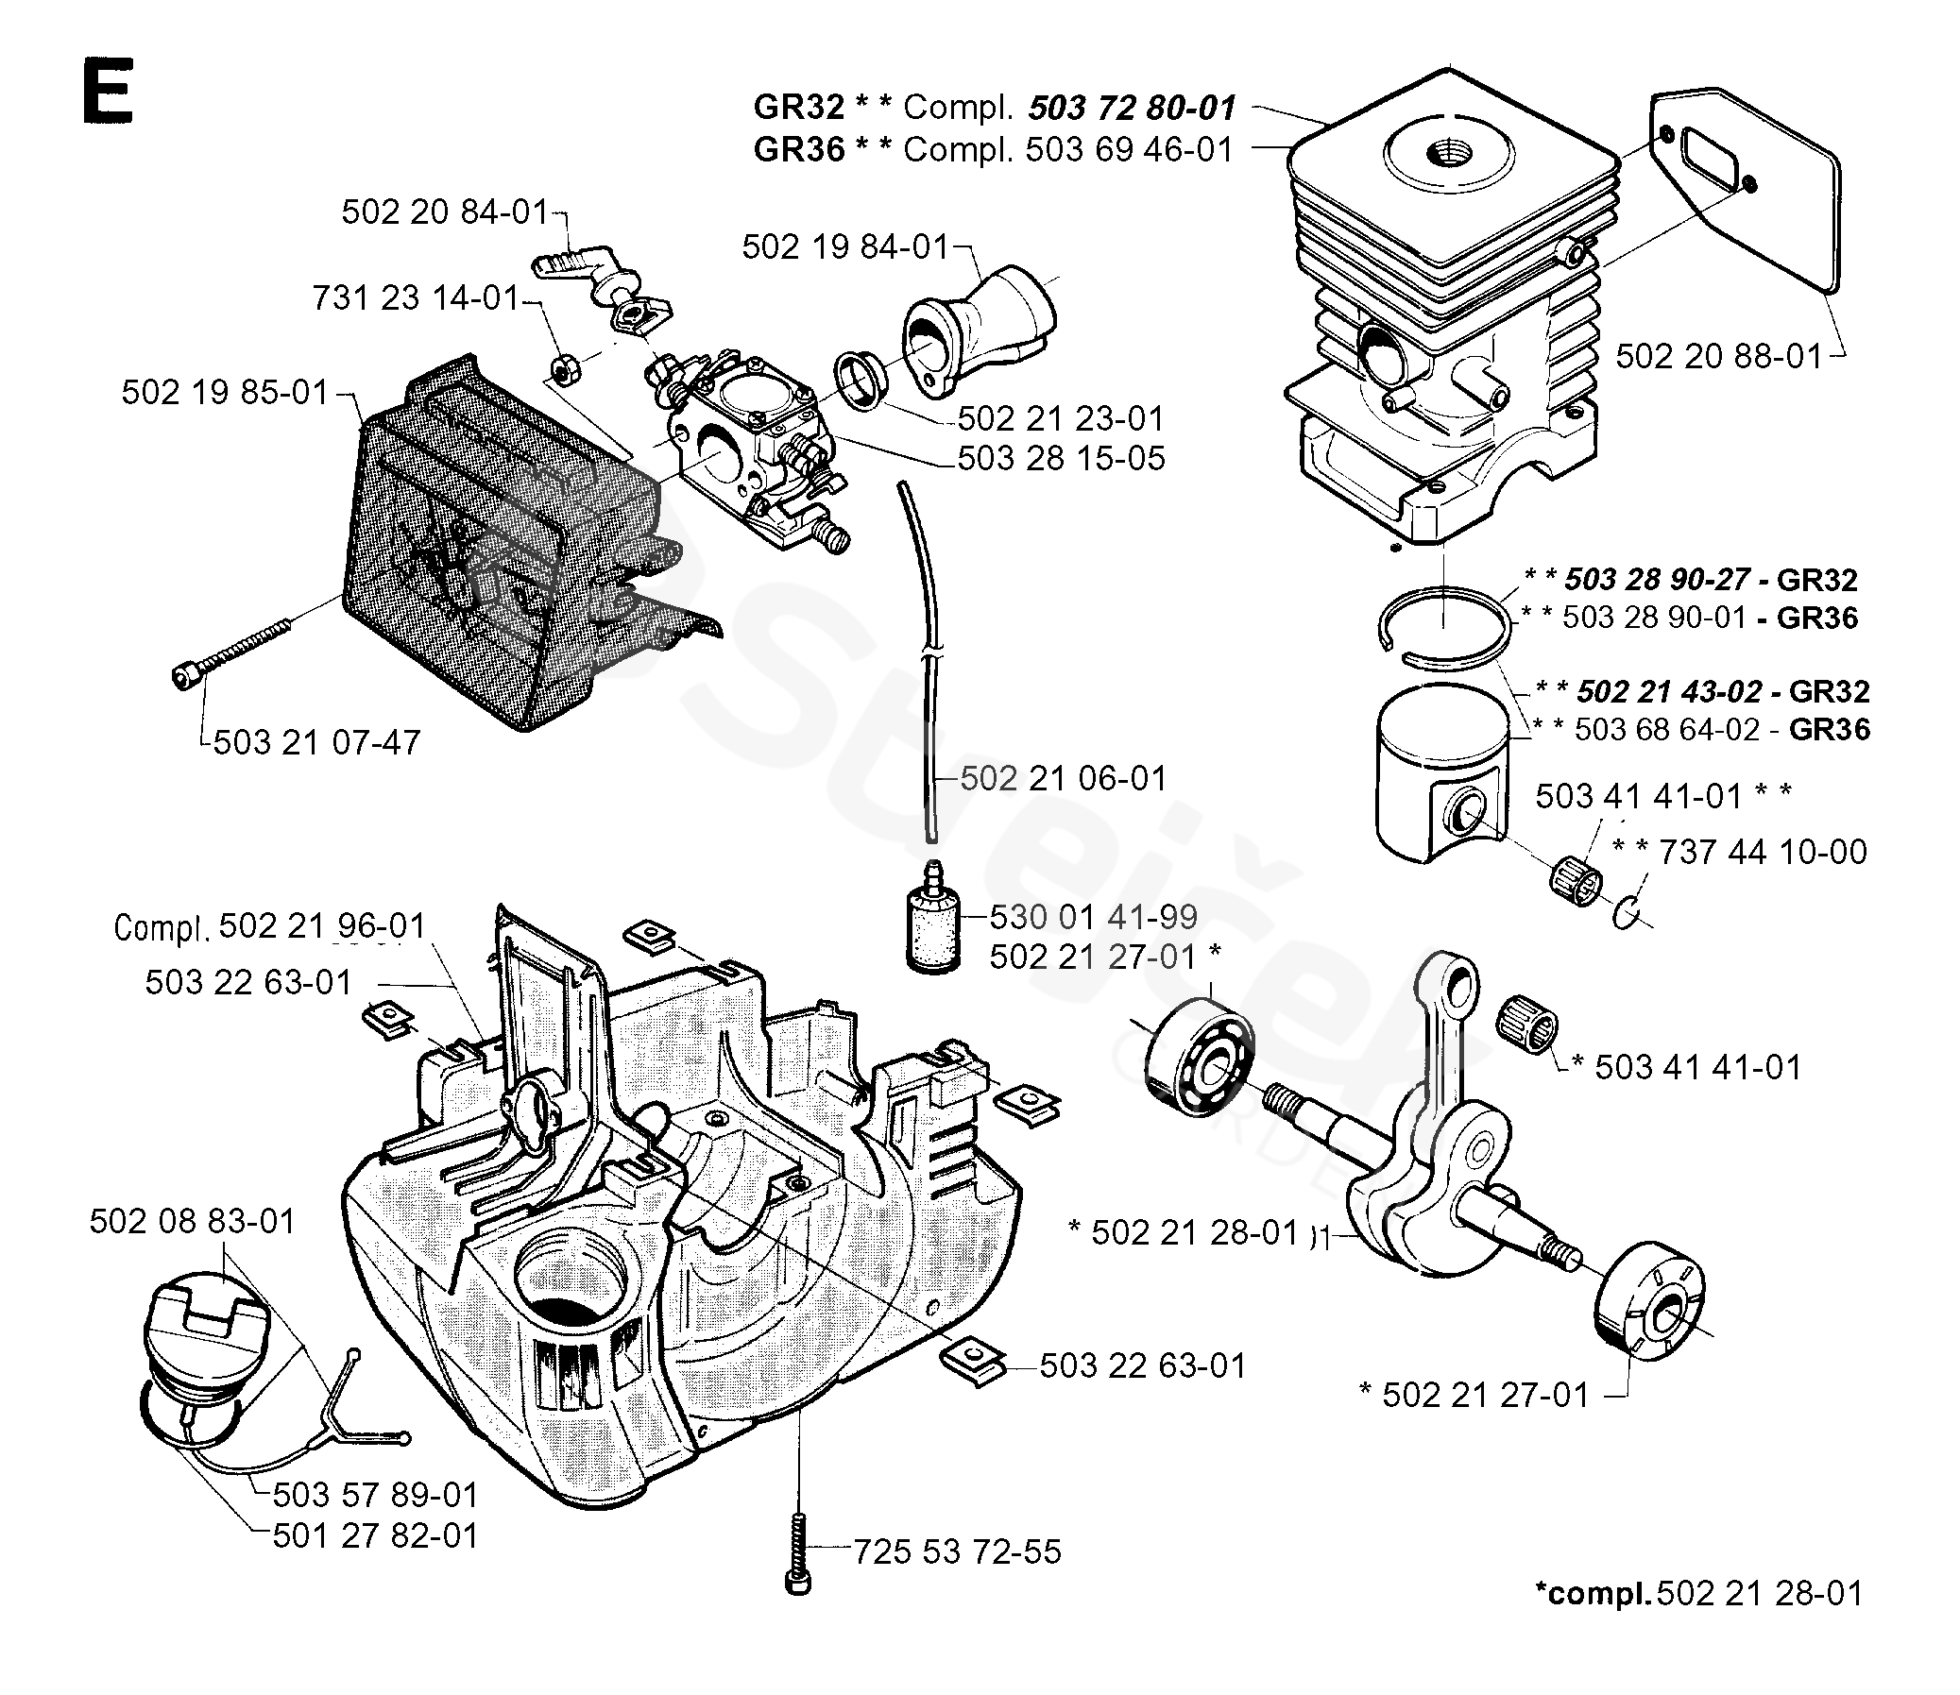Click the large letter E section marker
pos(108,92)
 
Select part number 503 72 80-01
pos(1132,108)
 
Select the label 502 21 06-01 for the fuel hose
pos(1064,778)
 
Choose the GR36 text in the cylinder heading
pos(799,149)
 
